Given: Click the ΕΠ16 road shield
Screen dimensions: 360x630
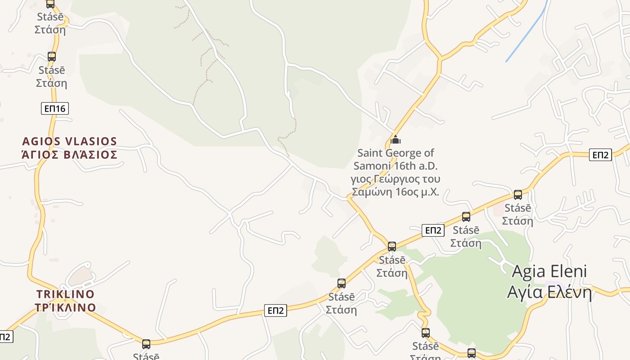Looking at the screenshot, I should click(55, 108).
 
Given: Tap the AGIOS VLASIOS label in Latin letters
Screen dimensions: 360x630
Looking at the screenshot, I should click(69, 141).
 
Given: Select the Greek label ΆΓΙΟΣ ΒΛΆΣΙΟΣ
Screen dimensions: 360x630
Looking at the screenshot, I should click(69, 155).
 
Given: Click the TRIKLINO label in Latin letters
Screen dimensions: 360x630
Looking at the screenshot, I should click(65, 294).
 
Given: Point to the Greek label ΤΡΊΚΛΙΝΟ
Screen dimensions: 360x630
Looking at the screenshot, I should click(65, 308).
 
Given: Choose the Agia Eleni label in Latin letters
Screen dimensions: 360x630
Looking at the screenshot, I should click(549, 271).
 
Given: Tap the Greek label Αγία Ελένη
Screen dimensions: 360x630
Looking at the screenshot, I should click(549, 292).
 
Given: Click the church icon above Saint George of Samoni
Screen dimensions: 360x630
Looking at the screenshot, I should click(396, 139).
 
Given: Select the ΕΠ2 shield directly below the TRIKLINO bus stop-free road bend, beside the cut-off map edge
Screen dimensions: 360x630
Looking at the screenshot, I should click(5, 337).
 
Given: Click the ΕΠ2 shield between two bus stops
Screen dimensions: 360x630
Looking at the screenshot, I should click(275, 310).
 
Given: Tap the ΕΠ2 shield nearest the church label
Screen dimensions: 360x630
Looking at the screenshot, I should click(433, 230).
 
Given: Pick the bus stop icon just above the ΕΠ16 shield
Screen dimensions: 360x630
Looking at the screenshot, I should click(52, 57).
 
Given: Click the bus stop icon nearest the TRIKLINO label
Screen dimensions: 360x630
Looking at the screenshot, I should click(146, 344).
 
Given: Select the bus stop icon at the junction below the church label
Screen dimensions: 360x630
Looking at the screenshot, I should click(392, 247).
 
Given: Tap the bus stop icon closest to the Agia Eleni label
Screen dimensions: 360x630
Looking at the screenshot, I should click(518, 195).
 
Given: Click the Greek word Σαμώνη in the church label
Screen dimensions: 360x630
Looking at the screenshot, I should click(372, 192).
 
